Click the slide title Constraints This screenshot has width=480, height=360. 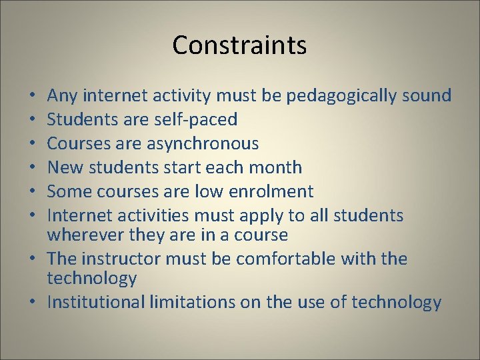tap(239, 45)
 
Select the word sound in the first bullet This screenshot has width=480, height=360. tap(427, 96)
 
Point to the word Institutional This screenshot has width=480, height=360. tap(95, 303)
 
